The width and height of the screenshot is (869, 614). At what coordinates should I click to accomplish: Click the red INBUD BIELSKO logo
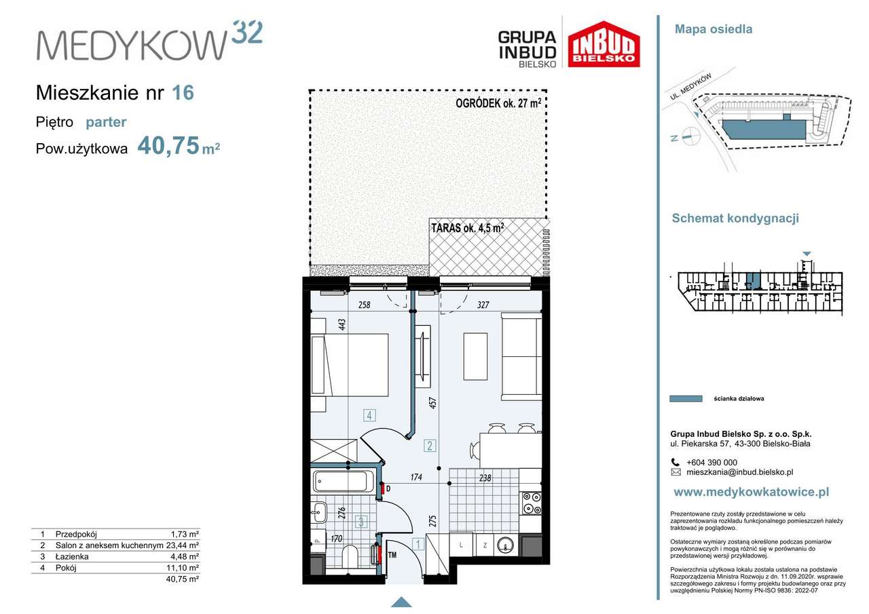click(x=604, y=44)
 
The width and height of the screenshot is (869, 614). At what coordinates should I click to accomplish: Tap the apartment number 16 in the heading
click(x=183, y=93)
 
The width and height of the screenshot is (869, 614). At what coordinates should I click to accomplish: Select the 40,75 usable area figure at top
click(x=168, y=146)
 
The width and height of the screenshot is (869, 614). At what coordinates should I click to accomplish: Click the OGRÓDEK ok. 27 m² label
click(x=498, y=104)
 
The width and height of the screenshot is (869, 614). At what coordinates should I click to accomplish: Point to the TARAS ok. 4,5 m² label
click(x=468, y=228)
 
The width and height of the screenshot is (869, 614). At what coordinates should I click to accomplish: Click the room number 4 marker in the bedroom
click(x=369, y=415)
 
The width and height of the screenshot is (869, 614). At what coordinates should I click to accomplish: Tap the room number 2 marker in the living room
click(x=430, y=445)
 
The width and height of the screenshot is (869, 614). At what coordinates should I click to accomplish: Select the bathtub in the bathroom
click(x=340, y=481)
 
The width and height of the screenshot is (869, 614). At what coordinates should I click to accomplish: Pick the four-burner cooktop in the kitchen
click(x=532, y=503)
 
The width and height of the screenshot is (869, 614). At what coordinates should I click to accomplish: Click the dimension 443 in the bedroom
click(x=341, y=324)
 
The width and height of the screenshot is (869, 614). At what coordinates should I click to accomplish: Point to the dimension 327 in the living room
click(x=483, y=305)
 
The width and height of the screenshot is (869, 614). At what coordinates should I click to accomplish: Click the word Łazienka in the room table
click(x=72, y=556)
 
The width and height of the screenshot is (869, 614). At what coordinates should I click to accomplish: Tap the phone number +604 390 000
click(x=711, y=463)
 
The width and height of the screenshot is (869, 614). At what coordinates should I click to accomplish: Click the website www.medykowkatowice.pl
click(x=751, y=492)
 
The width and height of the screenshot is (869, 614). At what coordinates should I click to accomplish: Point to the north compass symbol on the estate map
click(x=687, y=137)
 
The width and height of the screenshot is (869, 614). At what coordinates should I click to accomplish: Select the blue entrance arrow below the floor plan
click(x=401, y=602)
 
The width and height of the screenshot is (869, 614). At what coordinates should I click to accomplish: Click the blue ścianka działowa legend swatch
click(x=686, y=398)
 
